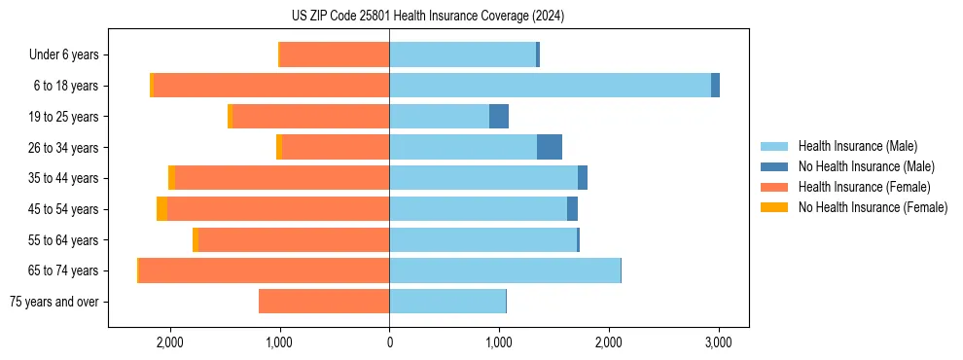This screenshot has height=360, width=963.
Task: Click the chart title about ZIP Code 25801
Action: [x=427, y=16]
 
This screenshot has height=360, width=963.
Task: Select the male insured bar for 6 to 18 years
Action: [x=550, y=86]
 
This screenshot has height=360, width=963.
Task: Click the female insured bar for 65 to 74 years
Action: [x=264, y=270]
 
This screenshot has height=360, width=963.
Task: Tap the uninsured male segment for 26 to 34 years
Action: [x=550, y=147]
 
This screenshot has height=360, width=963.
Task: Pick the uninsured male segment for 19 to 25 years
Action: [x=499, y=117]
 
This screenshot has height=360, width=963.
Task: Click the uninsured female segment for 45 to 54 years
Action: [x=161, y=209]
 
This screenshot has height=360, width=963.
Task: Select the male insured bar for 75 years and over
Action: [x=447, y=302]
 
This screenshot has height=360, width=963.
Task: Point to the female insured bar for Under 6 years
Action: [x=335, y=54]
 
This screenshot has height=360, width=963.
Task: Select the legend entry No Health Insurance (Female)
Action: [x=873, y=207]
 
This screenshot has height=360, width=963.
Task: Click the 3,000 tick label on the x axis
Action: [x=718, y=342]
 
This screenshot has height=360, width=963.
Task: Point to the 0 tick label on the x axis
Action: [x=389, y=342]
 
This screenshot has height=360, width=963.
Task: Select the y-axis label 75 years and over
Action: [x=53, y=302]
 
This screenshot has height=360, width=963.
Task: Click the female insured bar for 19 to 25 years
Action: [x=310, y=117]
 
